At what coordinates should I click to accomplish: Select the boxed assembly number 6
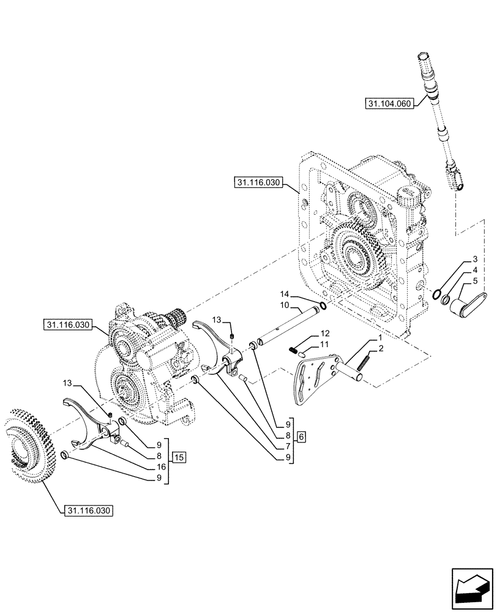301,436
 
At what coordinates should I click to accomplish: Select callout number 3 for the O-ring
475,261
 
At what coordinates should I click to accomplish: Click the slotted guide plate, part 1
312,382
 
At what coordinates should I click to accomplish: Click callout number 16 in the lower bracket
160,466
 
